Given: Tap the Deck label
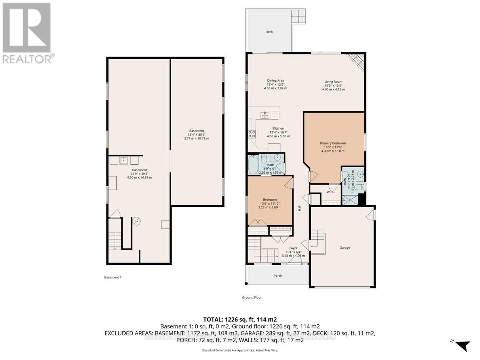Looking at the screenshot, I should [269, 32].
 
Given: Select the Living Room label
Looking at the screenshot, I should [333, 82].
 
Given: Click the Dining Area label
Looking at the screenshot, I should [276, 81].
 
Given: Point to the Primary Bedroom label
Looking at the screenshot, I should [332, 143].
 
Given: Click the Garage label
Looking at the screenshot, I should [345, 248].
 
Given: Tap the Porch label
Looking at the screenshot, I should [278, 276].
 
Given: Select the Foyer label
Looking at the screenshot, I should [293, 248].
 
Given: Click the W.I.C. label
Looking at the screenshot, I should [330, 192].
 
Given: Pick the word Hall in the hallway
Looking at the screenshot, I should [299, 208].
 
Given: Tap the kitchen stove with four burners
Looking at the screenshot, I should [252, 134].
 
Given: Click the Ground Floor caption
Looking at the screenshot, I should [252, 298].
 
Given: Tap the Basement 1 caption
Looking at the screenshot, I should [113, 278].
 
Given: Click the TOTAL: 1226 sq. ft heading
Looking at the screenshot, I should [240, 320].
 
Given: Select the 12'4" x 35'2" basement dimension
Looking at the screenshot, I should [197, 135].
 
